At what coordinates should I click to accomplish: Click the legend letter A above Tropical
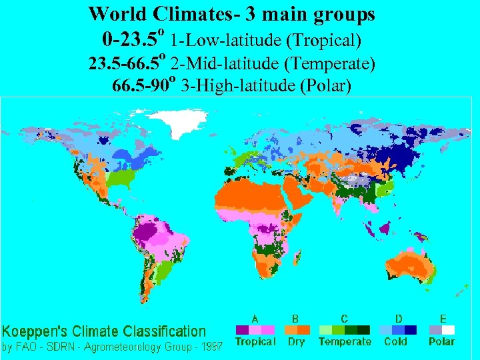(255, 319)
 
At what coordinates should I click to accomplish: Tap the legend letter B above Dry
(296, 319)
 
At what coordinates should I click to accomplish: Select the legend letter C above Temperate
(344, 319)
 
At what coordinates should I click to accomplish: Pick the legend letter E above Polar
(443, 319)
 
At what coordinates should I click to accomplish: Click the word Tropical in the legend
(255, 341)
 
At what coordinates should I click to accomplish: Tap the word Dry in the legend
(296, 341)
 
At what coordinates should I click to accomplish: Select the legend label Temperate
(345, 341)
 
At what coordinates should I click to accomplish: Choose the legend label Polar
(442, 341)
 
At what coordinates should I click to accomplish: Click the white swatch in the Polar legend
(449, 330)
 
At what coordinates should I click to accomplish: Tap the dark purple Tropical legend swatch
(242, 330)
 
